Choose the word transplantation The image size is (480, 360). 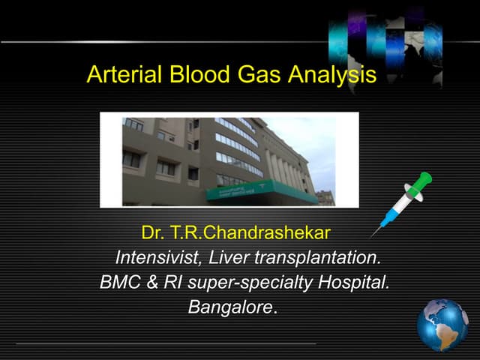point(317,258)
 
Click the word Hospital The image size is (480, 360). point(352,283)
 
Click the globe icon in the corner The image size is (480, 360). point(442,324)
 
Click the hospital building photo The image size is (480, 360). point(229,159)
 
